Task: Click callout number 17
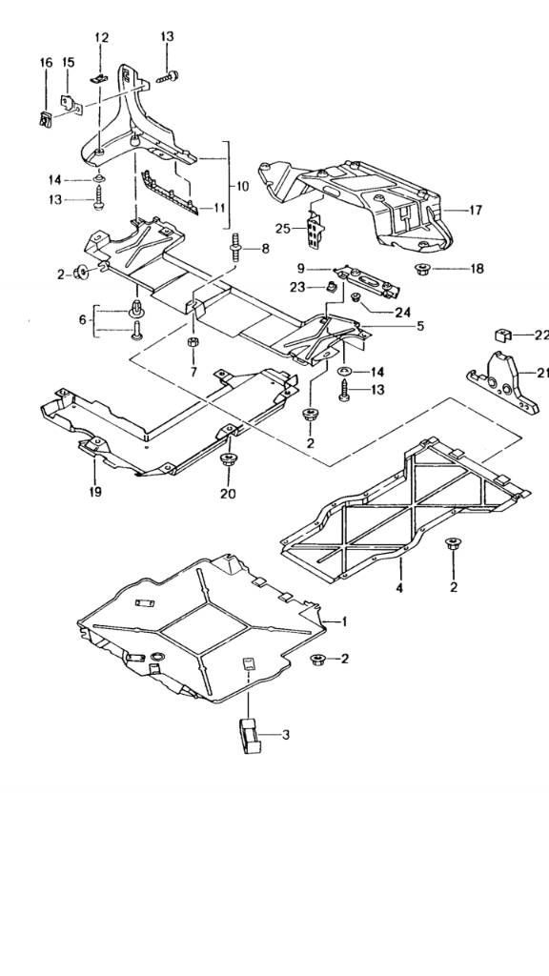pos(476,211)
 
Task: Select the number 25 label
pos(282,229)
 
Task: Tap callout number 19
pos(95,492)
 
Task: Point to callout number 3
pos(286,735)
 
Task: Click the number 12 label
pos(101,38)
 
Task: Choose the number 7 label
pos(193,373)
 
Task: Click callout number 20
pos(228,494)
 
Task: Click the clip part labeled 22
pos(503,335)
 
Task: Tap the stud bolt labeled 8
pos(237,247)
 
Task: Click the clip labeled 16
pos(46,118)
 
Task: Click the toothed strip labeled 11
pos(170,193)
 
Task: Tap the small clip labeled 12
pos(98,78)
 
